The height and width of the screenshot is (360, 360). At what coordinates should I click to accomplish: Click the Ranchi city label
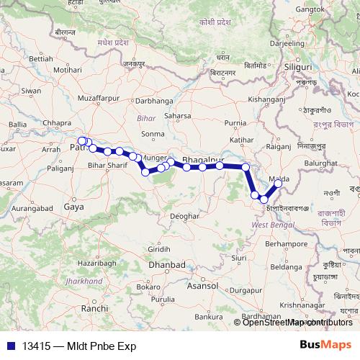(94, 307)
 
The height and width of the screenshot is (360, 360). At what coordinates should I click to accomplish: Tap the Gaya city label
(74, 206)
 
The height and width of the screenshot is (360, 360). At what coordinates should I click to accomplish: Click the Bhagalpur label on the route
(204, 158)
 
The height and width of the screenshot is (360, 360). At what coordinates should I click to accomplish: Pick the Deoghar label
(185, 216)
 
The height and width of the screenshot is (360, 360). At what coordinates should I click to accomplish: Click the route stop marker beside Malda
(279, 184)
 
